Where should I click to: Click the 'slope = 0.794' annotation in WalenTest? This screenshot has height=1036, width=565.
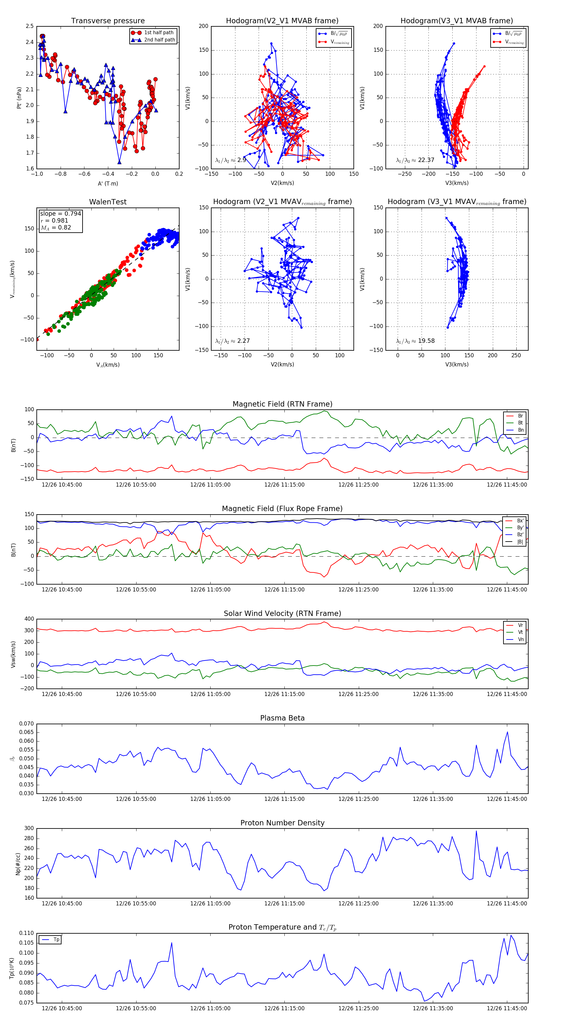(60, 213)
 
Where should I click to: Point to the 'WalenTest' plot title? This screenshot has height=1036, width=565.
(108, 202)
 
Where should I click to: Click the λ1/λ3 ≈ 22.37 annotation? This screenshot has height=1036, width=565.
(415, 160)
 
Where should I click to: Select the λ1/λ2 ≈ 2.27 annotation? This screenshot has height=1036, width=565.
(232, 341)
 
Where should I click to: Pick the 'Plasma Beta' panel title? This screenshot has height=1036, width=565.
(282, 718)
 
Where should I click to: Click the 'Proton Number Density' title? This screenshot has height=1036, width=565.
(282, 823)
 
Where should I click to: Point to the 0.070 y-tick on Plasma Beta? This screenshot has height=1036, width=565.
(27, 724)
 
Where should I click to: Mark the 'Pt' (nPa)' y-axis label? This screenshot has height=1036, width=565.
(19, 98)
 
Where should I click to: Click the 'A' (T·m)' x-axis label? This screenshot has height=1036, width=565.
(108, 184)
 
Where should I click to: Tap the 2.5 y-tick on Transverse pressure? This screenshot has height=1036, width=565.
(30, 26)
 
